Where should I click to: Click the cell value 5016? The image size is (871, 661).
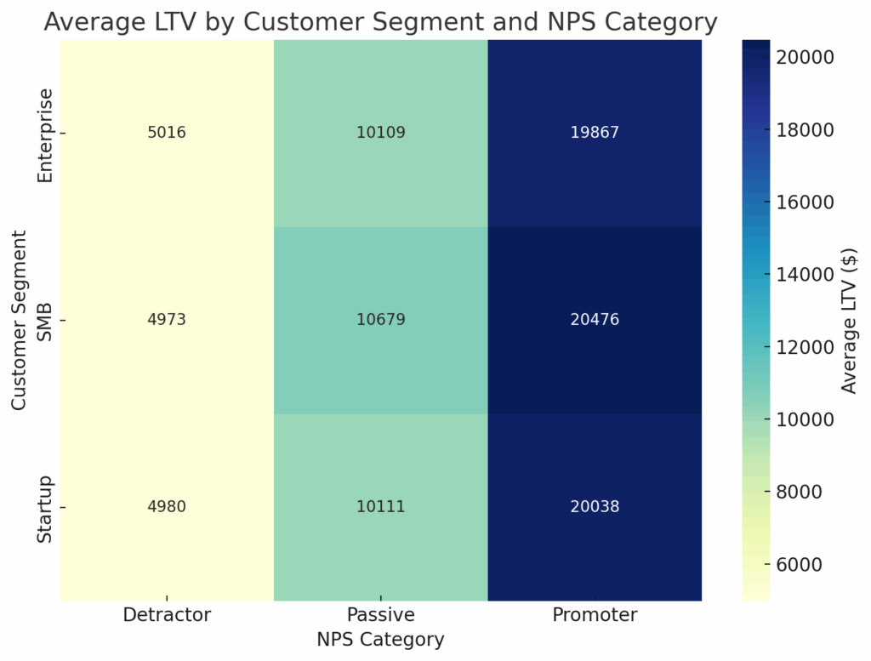(167, 134)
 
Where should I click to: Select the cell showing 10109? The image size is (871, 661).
(380, 134)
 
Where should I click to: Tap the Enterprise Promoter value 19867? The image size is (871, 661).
(595, 134)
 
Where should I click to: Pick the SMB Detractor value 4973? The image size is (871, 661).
(167, 320)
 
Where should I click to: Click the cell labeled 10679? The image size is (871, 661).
(380, 320)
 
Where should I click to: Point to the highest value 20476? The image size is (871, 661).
(595, 320)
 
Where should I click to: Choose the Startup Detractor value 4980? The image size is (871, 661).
(167, 507)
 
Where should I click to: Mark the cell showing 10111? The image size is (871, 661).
(380, 507)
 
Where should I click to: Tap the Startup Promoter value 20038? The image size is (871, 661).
(595, 507)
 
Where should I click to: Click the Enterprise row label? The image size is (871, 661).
(46, 134)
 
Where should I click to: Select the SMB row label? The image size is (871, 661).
(46, 321)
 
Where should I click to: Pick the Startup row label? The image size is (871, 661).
(46, 508)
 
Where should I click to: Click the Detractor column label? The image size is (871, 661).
(167, 615)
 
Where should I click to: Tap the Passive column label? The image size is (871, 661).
(380, 615)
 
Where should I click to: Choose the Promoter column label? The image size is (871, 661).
(595, 615)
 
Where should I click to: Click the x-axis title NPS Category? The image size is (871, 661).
(380, 640)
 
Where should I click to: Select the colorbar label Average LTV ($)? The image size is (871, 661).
(849, 321)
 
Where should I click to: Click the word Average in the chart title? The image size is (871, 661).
(92, 22)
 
